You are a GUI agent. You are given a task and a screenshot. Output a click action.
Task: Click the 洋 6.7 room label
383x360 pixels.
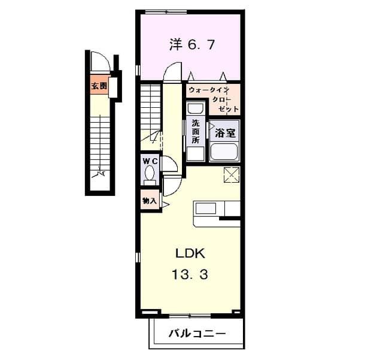pos(191,45)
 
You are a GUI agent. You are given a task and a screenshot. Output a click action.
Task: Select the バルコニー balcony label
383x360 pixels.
pos(196,333)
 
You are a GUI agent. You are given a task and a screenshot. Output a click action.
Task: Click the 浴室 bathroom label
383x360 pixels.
pos(225,133)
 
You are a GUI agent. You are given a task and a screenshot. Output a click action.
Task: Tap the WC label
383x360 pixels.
pos(150,162)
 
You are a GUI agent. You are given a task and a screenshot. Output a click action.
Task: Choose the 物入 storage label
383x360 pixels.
pos(149,201)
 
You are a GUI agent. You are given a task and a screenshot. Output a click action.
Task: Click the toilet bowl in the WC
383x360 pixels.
pos(150,175)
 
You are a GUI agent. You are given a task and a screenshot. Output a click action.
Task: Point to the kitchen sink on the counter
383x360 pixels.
pos(207,209)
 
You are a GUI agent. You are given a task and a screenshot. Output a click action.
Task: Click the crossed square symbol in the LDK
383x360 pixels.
pos(232,175)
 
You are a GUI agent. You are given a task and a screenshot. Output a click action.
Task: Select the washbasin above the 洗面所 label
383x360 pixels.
pos(195,109)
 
